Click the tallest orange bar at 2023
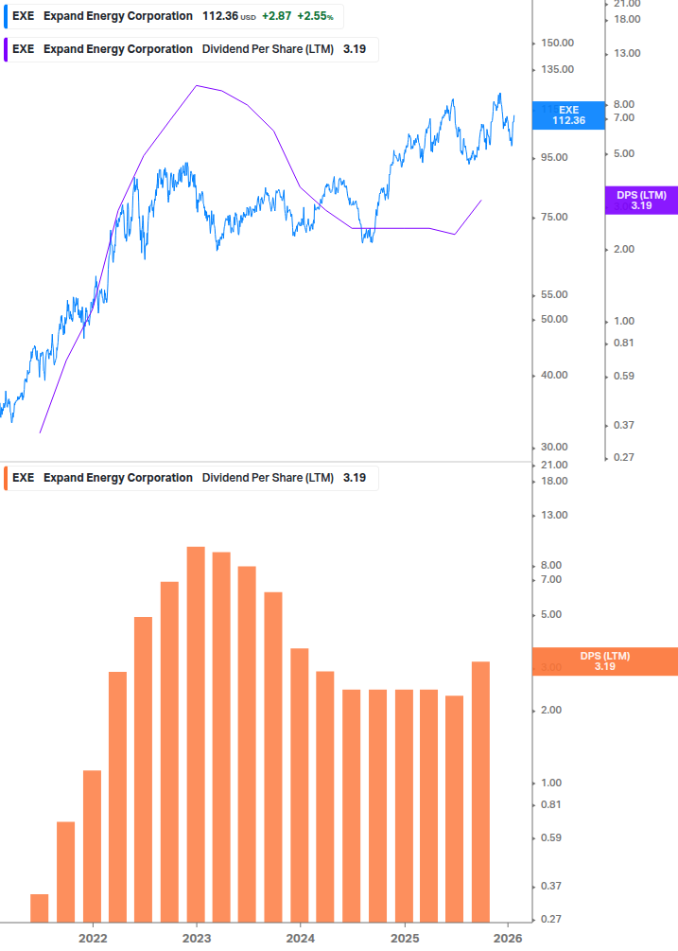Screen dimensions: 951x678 point(196,733)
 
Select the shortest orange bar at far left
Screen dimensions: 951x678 point(39,907)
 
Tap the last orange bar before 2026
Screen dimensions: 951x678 point(480,791)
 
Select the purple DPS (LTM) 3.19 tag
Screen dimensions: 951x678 point(641,200)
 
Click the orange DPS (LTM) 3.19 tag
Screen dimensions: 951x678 point(605,661)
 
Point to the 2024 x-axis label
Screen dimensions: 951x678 point(300,938)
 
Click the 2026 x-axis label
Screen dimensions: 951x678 point(508,938)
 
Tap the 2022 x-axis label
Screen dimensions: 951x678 point(92,938)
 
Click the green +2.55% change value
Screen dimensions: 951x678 point(315,16)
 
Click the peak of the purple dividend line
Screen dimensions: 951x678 point(197,85)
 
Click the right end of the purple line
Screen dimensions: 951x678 point(482,200)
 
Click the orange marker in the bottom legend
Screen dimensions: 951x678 point(6,478)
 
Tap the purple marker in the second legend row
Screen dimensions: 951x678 point(6,49)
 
